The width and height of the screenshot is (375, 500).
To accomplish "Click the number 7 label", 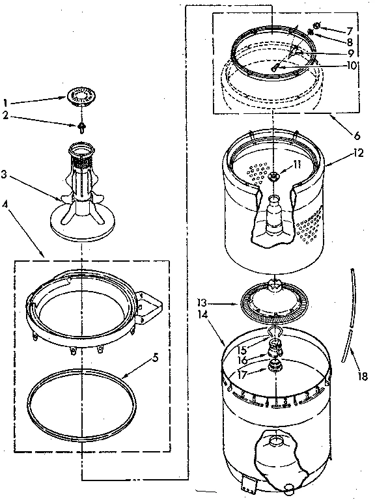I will click(x=350, y=30).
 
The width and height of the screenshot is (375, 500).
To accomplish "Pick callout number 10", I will click(x=352, y=65).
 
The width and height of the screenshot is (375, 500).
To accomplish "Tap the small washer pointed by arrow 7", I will click(x=316, y=26).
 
